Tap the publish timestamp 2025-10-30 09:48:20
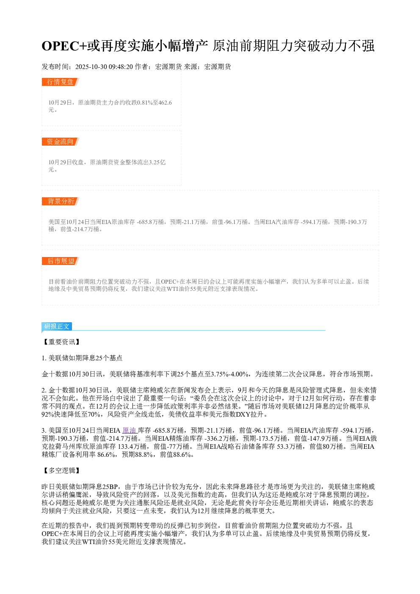click(x=104, y=67)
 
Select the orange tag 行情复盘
click(x=60, y=82)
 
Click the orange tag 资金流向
click(x=60, y=141)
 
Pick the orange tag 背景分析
click(x=60, y=201)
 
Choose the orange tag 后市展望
click(x=60, y=261)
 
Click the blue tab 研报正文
click(x=57, y=326)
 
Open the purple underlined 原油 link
click(x=129, y=430)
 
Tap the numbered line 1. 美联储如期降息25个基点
click(x=82, y=358)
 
